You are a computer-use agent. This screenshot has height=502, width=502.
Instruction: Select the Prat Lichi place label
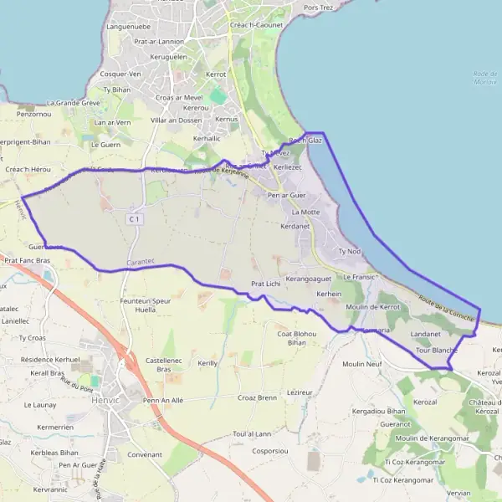pos(264,284)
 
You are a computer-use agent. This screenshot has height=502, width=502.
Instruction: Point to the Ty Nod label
pos(348,251)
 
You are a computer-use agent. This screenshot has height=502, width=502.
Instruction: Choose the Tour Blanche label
pos(436,351)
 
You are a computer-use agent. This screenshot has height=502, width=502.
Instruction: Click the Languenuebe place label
pos(128,27)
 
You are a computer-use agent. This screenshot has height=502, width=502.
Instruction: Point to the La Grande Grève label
pos(74,103)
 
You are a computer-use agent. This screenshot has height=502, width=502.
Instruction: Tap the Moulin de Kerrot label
pos(372,307)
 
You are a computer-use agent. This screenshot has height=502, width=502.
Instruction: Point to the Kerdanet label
pos(296,226)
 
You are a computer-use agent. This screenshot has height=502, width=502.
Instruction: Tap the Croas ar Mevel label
pos(178,97)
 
